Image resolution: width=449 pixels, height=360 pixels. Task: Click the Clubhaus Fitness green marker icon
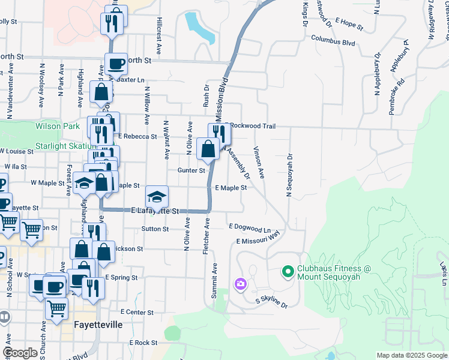coord(287,273)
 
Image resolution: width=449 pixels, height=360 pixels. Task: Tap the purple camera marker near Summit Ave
coord(241,283)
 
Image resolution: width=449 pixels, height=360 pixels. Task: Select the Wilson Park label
coord(58,127)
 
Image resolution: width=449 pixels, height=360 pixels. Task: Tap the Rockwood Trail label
coord(253,126)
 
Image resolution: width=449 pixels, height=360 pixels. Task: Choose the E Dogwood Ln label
coord(250,228)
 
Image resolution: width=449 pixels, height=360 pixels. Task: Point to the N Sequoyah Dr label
coord(289,174)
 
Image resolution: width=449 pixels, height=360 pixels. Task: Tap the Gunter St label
coord(191,170)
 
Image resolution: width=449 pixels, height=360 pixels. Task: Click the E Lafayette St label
coord(155,211)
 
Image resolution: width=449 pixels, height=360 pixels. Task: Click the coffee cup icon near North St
coord(116,64)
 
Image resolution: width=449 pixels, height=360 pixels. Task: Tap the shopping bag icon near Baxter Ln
coord(101,92)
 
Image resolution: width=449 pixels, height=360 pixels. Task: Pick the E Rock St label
coord(143,343)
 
